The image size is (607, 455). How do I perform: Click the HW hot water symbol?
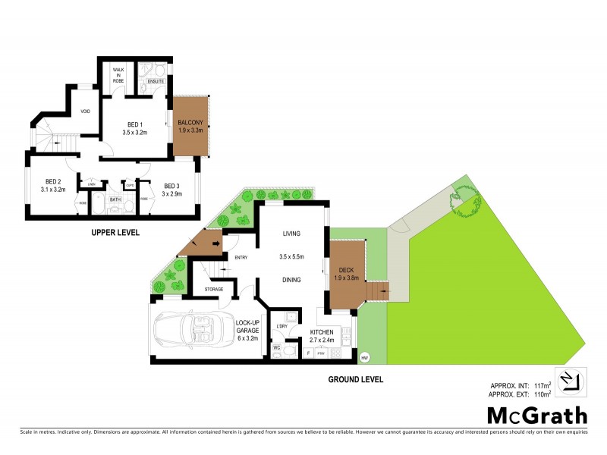365,357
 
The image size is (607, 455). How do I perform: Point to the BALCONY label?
190,123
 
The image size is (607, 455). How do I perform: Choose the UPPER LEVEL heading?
115,232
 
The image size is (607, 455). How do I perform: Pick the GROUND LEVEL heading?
355,378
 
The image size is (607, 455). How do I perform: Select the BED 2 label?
52,181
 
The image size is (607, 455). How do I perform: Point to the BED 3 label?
171,186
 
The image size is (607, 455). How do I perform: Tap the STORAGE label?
215,288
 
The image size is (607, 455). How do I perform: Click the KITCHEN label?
322,332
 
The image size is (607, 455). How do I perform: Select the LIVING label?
292,234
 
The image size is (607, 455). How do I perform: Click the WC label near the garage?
277,348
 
